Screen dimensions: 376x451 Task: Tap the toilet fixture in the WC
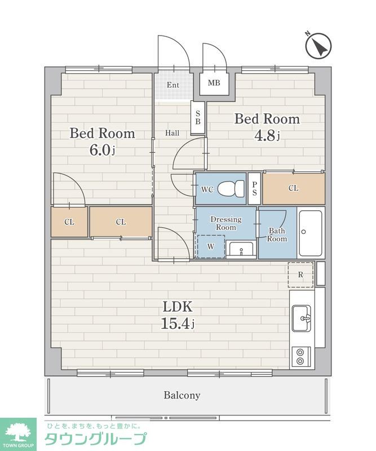coord(231,188)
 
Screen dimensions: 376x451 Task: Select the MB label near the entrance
coord(214,83)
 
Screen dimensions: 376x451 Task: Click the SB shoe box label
coord(198,117)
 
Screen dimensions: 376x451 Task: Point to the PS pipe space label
coord(254,189)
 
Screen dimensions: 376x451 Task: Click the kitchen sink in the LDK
coord(302,319)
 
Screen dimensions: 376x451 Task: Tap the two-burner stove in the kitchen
coord(301,357)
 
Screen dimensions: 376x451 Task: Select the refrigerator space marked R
coord(300,275)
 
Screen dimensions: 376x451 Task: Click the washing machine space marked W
coord(211,246)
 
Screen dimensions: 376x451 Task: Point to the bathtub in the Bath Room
coord(311,233)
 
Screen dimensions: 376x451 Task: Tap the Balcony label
coord(182,395)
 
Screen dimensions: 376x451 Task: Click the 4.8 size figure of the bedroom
coord(267,135)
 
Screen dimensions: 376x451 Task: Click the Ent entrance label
coord(173,85)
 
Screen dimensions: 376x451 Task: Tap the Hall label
coord(172,133)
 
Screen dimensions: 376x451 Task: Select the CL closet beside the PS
coord(294,188)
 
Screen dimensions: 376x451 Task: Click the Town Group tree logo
coord(19,431)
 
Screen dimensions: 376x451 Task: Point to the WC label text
coord(207,189)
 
